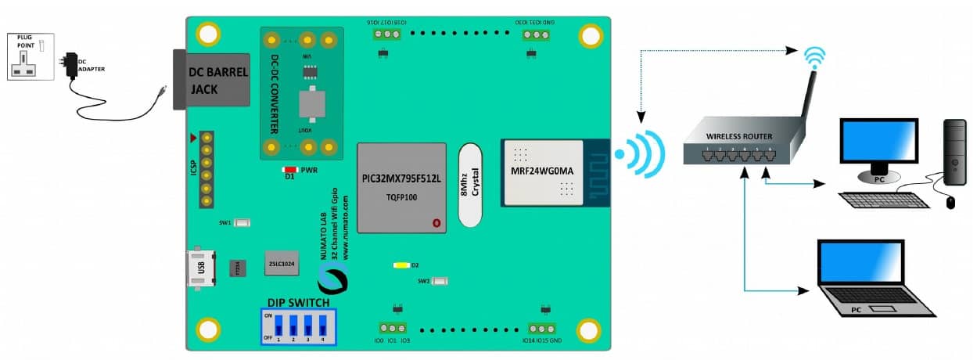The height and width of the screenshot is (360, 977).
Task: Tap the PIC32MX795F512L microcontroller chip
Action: [401, 188]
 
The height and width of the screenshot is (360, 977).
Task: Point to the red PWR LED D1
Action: [289, 169]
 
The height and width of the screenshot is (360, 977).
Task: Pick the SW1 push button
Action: [243, 223]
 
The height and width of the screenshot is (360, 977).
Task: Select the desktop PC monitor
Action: [877, 146]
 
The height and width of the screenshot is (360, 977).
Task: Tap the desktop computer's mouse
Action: [950, 203]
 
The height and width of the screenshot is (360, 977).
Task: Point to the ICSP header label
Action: [193, 167]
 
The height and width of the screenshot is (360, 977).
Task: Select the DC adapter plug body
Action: [72, 65]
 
